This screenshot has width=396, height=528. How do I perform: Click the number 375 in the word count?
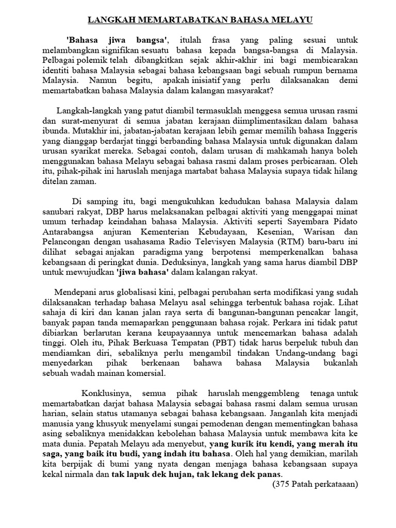(x=281, y=484)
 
